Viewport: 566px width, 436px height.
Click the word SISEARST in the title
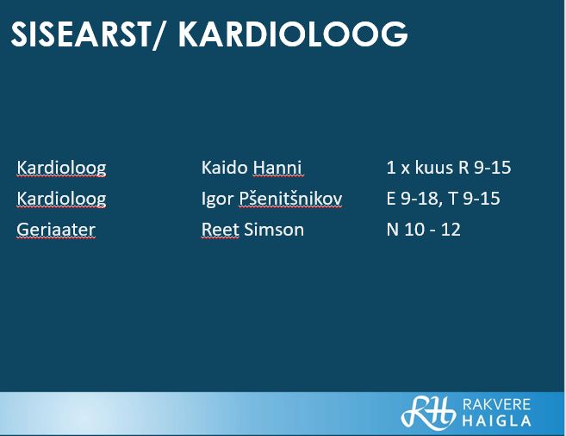80,34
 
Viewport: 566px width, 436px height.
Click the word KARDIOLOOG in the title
293,34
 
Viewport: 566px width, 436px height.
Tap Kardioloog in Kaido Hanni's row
62,168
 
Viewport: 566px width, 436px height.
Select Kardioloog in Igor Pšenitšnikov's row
62,199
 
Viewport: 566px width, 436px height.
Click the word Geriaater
56,230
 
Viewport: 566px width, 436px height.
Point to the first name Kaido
225,168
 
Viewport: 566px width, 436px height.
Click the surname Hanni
277,168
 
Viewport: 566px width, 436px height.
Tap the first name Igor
217,200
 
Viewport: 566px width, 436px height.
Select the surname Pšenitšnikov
290,199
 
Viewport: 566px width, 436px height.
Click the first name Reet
221,230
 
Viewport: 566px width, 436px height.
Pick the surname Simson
274,230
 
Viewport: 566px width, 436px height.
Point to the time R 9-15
485,168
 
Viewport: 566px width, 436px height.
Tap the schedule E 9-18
413,199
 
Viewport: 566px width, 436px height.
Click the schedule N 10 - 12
423,230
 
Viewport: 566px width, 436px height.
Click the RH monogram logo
428,413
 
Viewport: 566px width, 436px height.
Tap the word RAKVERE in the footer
496,405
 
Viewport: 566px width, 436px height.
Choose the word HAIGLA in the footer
496,421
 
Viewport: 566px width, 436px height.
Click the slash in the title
159,35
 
